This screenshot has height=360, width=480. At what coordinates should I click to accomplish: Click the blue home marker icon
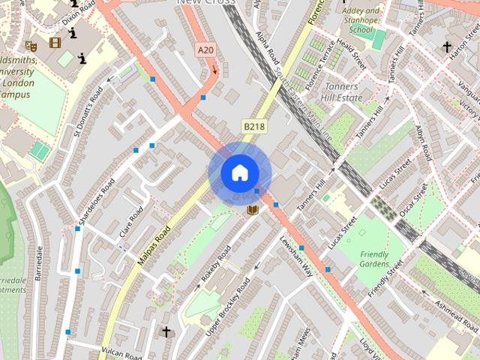[239, 172]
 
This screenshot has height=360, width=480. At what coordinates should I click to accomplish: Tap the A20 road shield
[205, 50]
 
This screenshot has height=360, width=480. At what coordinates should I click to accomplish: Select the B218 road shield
[253, 127]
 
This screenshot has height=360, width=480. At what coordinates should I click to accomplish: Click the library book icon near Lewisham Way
[253, 209]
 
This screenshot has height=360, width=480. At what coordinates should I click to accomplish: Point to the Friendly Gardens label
[374, 259]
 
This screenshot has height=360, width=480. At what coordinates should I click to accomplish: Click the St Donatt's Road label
[88, 118]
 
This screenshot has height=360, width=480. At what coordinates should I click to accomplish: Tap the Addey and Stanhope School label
[361, 21]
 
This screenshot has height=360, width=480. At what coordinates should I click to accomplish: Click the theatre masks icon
[31, 46]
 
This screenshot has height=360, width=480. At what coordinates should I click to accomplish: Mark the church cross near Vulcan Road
[166, 331]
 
